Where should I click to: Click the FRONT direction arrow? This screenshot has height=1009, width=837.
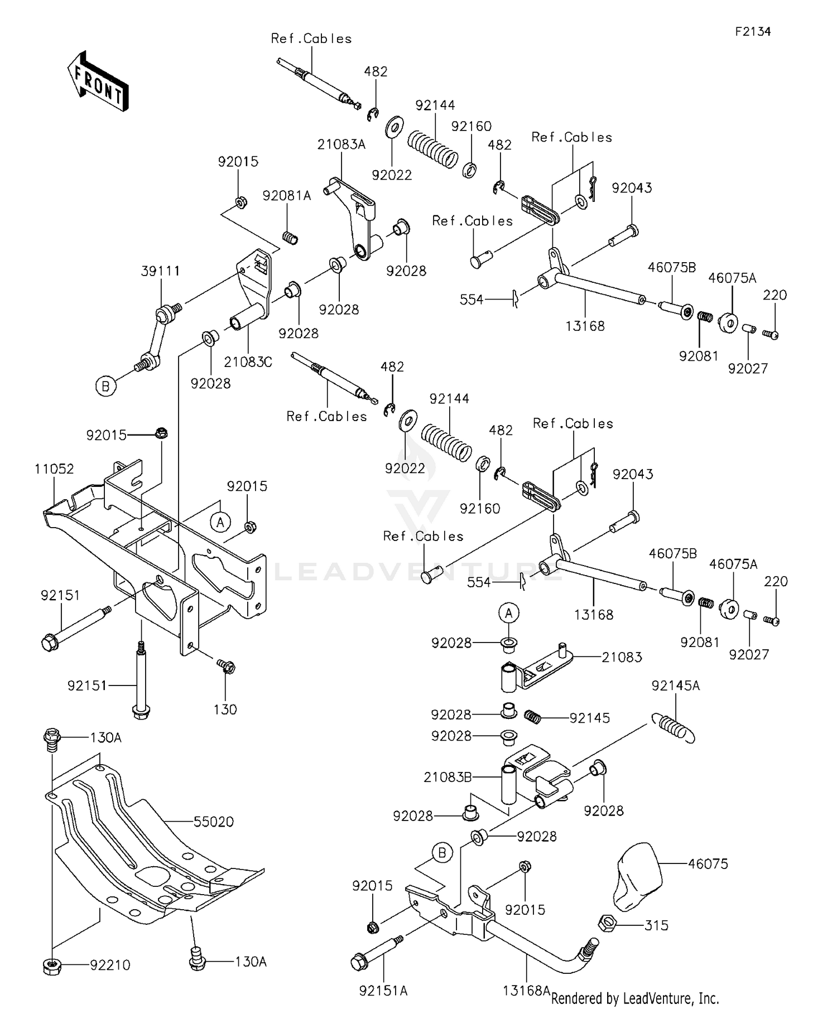98,81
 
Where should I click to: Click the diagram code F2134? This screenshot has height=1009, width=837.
752,32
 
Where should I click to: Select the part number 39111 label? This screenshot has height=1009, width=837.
161,271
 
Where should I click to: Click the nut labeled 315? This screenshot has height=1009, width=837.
608,925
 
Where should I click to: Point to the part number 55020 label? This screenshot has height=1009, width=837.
214,822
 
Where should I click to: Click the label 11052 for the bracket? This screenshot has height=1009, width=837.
54,469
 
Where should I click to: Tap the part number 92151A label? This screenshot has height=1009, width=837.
383,990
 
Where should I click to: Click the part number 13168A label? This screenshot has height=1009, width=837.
526,990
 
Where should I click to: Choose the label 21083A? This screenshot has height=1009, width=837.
341,144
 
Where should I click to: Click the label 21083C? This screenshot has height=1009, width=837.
248,362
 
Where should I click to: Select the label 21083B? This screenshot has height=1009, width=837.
448,777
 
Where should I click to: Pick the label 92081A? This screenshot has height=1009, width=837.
287,196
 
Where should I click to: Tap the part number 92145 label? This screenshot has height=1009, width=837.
590,718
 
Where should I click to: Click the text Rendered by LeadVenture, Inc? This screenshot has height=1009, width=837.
635,998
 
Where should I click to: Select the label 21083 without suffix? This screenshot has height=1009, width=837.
622,657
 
